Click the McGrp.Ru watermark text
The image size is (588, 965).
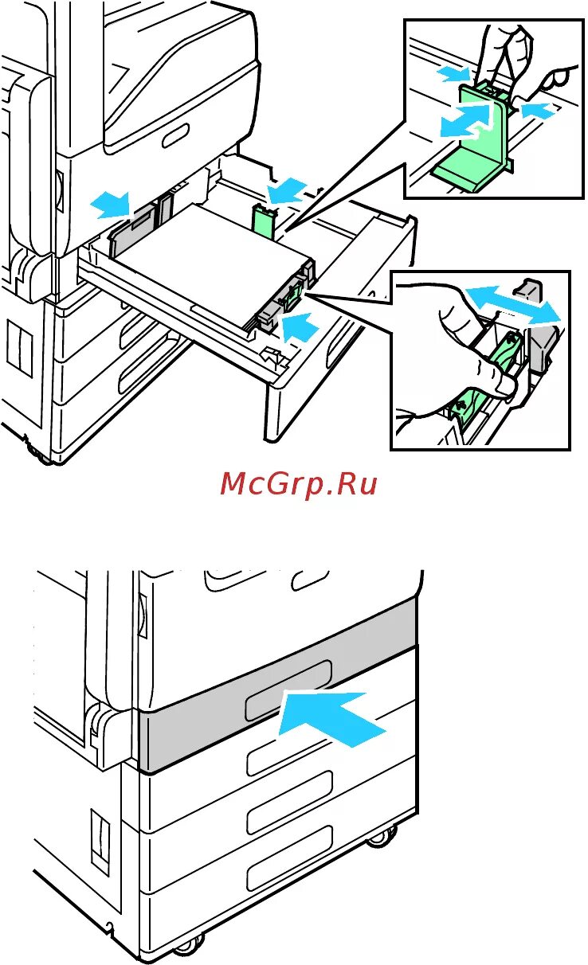pyautogui.click(x=298, y=483)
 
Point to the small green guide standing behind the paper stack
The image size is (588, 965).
pyautogui.click(x=262, y=221)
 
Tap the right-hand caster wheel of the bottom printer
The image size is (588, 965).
pyautogui.click(x=383, y=836)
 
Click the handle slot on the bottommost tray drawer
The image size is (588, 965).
pyautogui.click(x=288, y=869)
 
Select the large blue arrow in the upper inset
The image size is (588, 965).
pyautogui.click(x=462, y=123)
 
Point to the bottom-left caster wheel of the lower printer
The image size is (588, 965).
pyautogui.click(x=184, y=947)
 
